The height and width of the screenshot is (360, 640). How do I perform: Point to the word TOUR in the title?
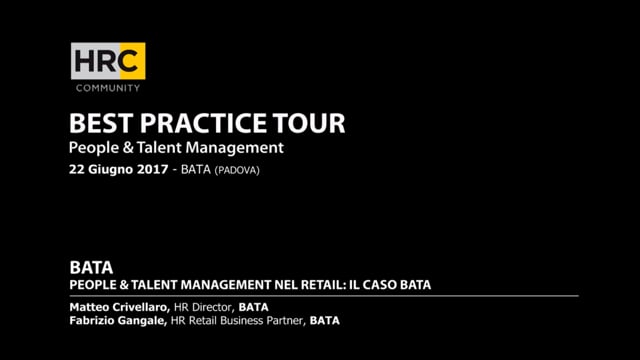coord(314,124)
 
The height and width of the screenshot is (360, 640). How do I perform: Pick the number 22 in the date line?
coord(77,170)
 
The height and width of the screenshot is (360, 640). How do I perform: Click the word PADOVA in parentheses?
coord(243,170)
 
